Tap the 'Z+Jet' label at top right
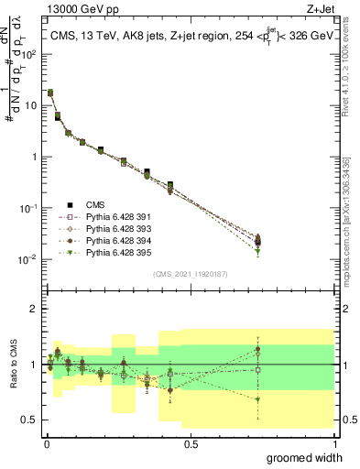click(x=320, y=10)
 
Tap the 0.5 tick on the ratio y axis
click(x=29, y=420)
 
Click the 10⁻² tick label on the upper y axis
click(x=28, y=259)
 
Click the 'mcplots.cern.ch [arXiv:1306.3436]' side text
click(x=351, y=202)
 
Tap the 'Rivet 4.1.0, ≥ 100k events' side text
click(x=351, y=64)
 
